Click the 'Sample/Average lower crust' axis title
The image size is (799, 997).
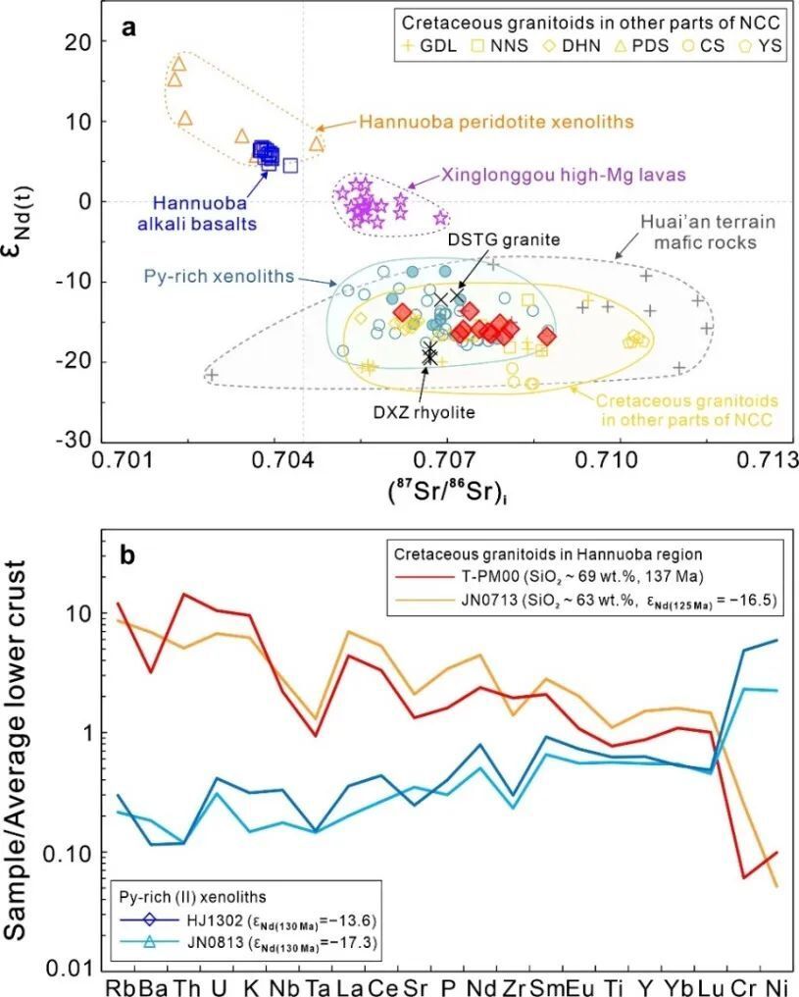[x=26, y=756]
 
